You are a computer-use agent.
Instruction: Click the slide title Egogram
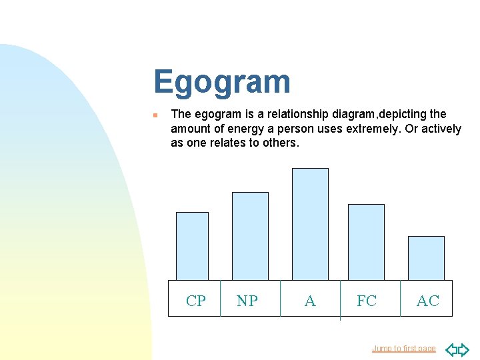pyautogui.click(x=221, y=82)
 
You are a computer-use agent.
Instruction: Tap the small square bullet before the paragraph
pyautogui.click(x=155, y=115)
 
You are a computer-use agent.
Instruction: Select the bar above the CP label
pyautogui.click(x=192, y=246)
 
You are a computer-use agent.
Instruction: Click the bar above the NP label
pyautogui.click(x=250, y=236)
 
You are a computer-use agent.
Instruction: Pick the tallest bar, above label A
pyautogui.click(x=310, y=224)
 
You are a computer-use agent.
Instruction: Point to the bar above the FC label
pyautogui.click(x=366, y=242)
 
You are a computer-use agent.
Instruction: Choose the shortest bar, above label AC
pyautogui.click(x=426, y=258)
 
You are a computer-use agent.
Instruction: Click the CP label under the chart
pyautogui.click(x=196, y=301)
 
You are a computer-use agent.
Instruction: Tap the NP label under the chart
pyautogui.click(x=247, y=301)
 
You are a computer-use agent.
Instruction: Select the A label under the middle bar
pyautogui.click(x=310, y=301)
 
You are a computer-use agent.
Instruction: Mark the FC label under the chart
pyautogui.click(x=366, y=301)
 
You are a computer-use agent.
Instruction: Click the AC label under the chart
pyautogui.click(x=427, y=301)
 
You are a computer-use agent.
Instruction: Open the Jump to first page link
pyautogui.click(x=403, y=349)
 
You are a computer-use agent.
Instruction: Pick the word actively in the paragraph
pyautogui.click(x=437, y=129)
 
